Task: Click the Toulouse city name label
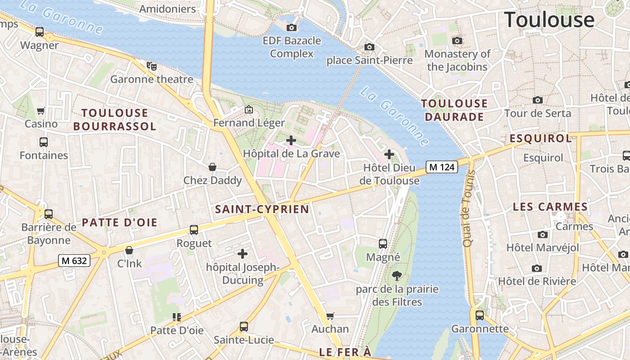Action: coord(549,20)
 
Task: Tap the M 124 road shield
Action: coord(441,167)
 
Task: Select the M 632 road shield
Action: coord(74,260)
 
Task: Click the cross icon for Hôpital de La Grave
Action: coord(291,140)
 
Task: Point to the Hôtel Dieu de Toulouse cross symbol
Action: coord(389,154)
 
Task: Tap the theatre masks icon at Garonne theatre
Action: coord(152,66)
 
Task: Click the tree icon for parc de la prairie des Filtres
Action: coord(397,275)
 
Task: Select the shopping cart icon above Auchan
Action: coord(330,316)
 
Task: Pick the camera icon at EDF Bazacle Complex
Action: coord(292,27)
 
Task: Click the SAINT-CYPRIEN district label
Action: coord(262,209)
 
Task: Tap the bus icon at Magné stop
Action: coord(383,244)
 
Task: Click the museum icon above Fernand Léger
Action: coord(248,109)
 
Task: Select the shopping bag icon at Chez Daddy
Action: coord(212,167)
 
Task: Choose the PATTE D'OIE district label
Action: coord(119,222)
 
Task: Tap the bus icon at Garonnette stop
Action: coord(480,315)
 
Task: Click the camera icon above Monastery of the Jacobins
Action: coord(457,40)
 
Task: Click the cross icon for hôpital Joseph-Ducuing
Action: coord(243,254)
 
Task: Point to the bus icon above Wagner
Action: coord(40,32)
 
